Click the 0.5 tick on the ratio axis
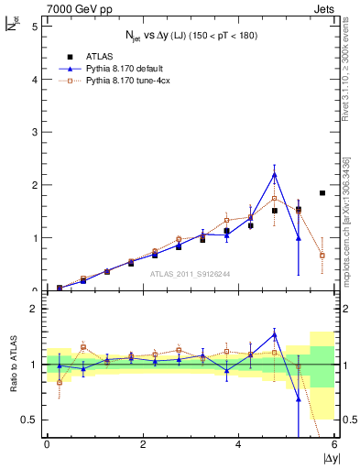[x=30, y=420]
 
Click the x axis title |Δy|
[x=325, y=458]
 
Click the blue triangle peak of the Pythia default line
[x=275, y=174]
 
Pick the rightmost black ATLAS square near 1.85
[x=322, y=193]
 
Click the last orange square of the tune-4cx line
[x=322, y=256]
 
